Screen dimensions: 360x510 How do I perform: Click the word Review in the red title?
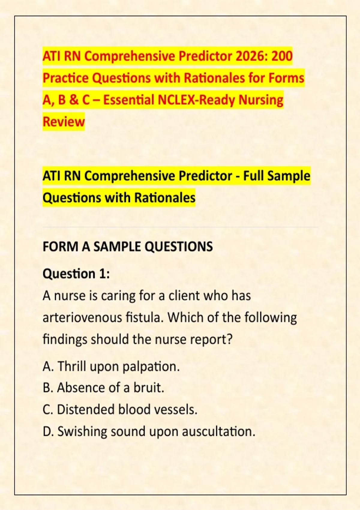point(64,121)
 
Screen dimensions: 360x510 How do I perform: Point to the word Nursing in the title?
point(260,100)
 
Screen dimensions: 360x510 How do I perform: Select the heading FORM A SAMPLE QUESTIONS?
point(128,246)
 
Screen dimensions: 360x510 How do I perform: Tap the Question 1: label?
point(76,273)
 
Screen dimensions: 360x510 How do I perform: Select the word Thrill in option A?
point(72,366)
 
